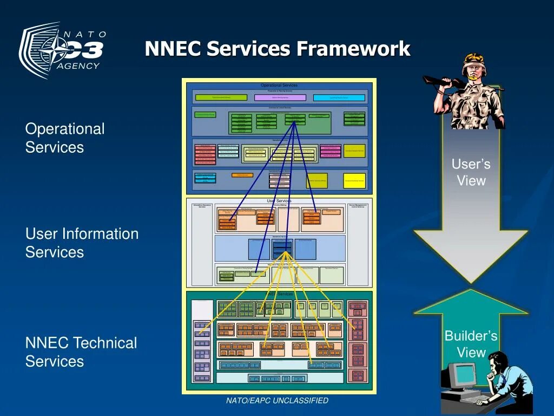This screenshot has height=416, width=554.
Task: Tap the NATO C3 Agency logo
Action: [x=63, y=50]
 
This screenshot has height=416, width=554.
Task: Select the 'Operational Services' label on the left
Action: [x=65, y=138]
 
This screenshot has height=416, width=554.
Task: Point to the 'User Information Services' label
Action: [x=82, y=243]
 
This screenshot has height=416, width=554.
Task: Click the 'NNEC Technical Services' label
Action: [x=81, y=352]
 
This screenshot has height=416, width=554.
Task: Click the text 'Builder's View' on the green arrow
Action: [x=471, y=344]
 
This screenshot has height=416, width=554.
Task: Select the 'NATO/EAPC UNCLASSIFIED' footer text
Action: [x=277, y=401]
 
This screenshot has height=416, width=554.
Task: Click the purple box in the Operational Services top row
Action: [x=280, y=97]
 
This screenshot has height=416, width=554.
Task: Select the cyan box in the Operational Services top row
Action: [x=339, y=97]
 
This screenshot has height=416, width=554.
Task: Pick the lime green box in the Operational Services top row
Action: [x=221, y=97]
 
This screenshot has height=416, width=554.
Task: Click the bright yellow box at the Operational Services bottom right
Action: [x=354, y=180]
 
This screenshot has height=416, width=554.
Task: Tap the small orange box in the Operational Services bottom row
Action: [x=242, y=175]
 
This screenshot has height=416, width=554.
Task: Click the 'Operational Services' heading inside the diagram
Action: [x=279, y=85]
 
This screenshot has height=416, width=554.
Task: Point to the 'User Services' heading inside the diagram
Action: [x=279, y=201]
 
